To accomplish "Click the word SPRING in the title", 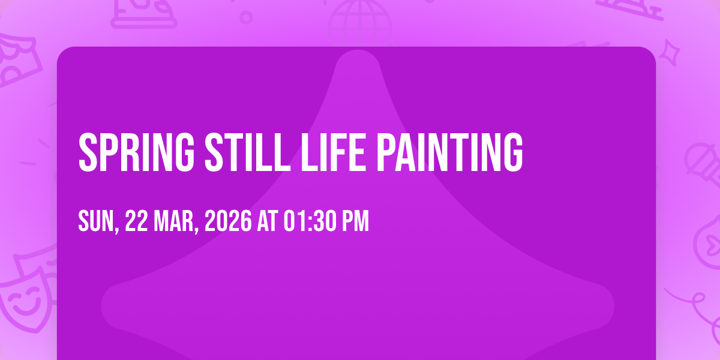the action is click(x=136, y=152).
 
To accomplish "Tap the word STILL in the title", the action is click(x=247, y=152).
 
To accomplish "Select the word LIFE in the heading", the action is click(x=334, y=152).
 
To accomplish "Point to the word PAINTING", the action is click(x=449, y=152).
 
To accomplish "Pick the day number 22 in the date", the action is click(x=136, y=221).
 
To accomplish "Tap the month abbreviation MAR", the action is click(x=173, y=221).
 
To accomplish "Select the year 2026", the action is click(x=228, y=221).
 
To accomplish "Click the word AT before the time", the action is click(x=268, y=221).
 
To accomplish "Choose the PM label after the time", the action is click(x=355, y=221).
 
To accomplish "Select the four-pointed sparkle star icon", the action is click(x=669, y=53).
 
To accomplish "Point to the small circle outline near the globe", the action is click(x=246, y=17).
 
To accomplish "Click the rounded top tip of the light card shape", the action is click(x=358, y=50).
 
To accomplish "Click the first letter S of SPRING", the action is click(x=88, y=152).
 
